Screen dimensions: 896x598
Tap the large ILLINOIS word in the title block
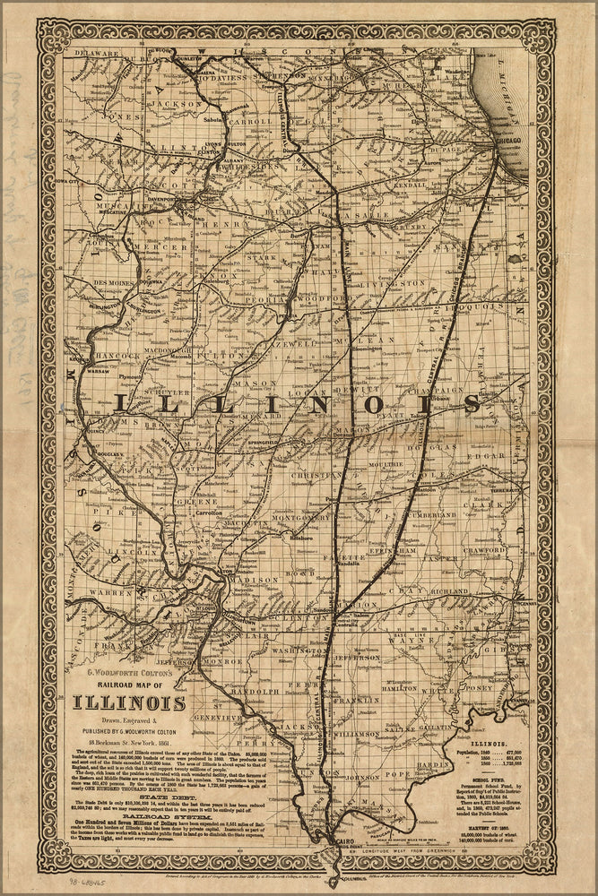[125, 703]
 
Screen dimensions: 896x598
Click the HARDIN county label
[434, 765]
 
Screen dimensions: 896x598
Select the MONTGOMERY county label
[301, 517]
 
